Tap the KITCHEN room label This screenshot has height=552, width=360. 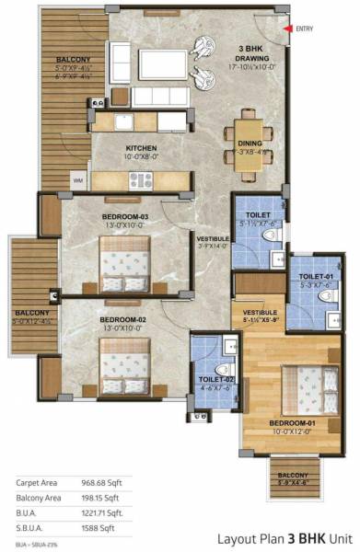pos(141,147)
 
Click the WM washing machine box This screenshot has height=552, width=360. pos(77,180)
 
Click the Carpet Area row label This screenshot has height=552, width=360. pos(37,482)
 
